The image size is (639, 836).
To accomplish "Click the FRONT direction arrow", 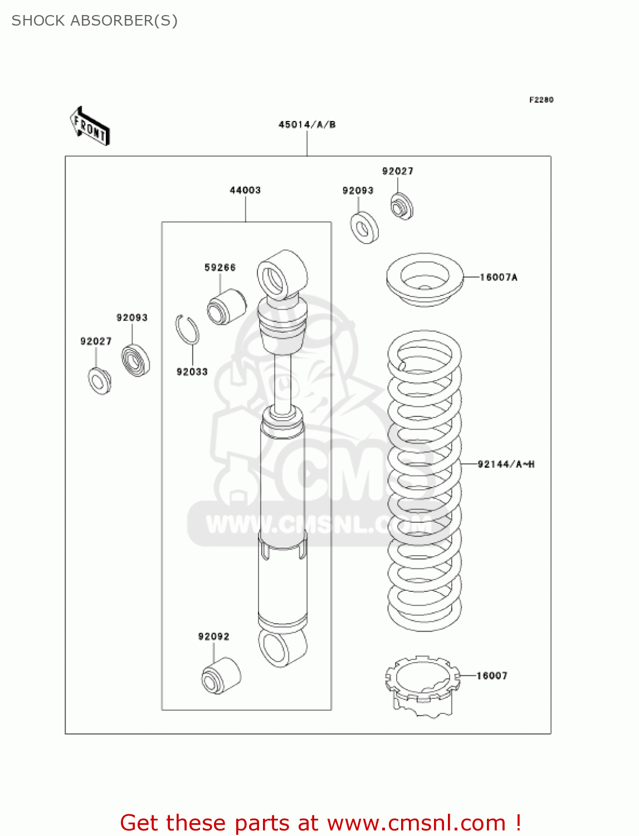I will point(90,127).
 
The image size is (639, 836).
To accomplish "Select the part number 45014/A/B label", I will point(307,124).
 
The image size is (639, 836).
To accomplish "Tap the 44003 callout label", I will point(245,190).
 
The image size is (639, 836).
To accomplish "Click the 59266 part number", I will point(220,268).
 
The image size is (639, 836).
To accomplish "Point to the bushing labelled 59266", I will point(226,307).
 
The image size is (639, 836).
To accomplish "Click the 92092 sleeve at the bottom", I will point(221,675).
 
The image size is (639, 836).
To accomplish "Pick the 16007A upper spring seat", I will point(425,279).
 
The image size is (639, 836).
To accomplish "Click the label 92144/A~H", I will point(506,464).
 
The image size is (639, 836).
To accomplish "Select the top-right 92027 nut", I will point(401,207).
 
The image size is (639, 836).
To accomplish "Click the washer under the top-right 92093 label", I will point(364,227).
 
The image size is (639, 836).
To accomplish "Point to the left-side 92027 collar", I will point(99,381).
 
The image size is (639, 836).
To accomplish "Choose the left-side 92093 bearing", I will point(135,361).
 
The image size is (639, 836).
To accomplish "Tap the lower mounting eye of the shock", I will point(282,647).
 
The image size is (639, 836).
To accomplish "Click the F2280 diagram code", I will point(541,100).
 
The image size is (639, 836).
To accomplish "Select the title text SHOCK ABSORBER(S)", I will point(95,21).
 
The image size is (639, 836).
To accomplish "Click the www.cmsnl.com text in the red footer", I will point(416,823).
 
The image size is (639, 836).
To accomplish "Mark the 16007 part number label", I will point(492,676).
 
